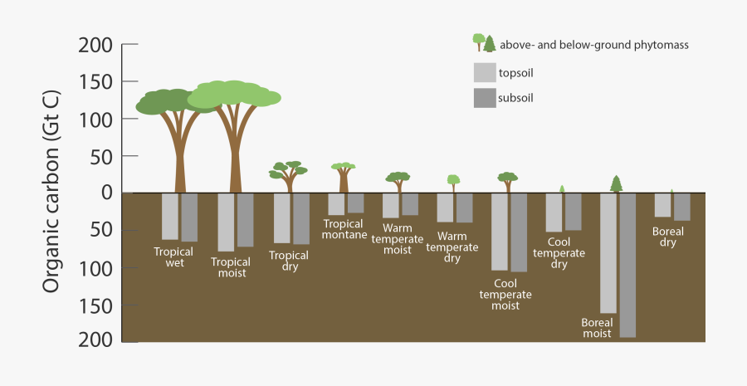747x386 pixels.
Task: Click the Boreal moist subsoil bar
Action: [627, 265]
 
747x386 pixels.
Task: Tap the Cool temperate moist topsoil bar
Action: [500, 232]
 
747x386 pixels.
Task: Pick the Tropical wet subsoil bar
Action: [189, 217]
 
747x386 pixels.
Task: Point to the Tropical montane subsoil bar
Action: [355, 203]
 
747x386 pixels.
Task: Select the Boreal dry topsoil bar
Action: [662, 205]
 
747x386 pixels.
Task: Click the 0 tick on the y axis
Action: [105, 192]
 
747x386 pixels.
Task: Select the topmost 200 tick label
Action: [95, 45]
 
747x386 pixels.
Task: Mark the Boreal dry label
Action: [668, 237]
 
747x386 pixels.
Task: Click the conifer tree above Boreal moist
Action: [616, 183]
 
